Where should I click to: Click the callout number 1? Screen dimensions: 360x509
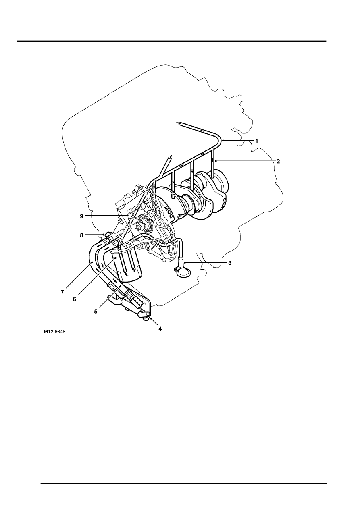click(x=256, y=141)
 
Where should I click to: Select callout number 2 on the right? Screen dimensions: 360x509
click(x=278, y=161)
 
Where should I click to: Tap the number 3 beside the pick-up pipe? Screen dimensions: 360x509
click(x=230, y=263)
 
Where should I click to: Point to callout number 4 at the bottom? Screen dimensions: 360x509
click(x=160, y=329)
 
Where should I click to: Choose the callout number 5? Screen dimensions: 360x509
click(x=96, y=312)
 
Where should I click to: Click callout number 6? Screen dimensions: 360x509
click(x=74, y=299)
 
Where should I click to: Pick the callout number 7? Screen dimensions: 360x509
click(x=62, y=293)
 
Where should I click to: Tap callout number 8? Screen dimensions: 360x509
click(x=81, y=235)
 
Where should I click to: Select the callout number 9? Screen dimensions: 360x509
click(x=81, y=216)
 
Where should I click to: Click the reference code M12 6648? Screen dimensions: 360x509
click(x=54, y=332)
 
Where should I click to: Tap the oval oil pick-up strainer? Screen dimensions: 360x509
click(x=183, y=273)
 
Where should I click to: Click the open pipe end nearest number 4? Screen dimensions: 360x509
click(x=148, y=314)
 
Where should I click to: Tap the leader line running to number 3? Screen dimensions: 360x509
click(x=206, y=263)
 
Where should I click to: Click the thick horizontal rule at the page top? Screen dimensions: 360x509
click(x=172, y=42)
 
